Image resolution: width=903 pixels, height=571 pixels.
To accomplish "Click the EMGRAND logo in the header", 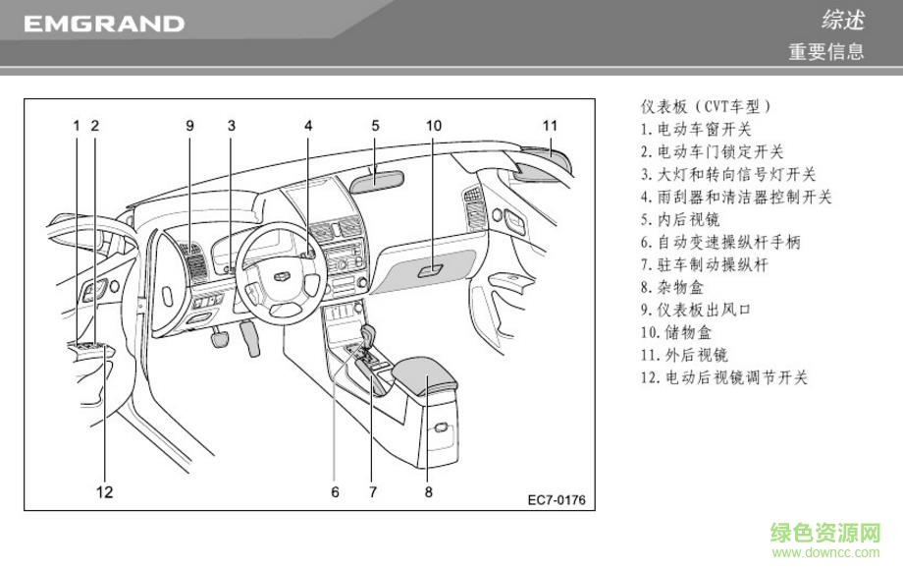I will tap(103, 24).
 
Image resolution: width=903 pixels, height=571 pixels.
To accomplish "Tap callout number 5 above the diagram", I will tap(375, 126).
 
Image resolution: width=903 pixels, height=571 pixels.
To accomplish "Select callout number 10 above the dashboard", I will tap(433, 126).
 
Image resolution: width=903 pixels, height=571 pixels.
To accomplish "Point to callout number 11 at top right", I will tap(550, 126).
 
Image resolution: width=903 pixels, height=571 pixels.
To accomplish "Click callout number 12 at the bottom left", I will tap(104, 491).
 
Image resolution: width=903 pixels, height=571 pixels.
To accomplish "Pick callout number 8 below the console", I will tap(428, 491).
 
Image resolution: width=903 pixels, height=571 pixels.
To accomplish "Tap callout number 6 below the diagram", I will tap(335, 491).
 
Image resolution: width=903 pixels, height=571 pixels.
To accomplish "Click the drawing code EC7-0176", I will tap(556, 500).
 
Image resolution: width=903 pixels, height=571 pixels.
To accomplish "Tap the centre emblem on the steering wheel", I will tap(281, 277).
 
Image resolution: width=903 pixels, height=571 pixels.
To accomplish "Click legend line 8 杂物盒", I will tap(671, 287).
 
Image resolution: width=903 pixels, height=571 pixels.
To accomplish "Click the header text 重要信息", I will tap(826, 52).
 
